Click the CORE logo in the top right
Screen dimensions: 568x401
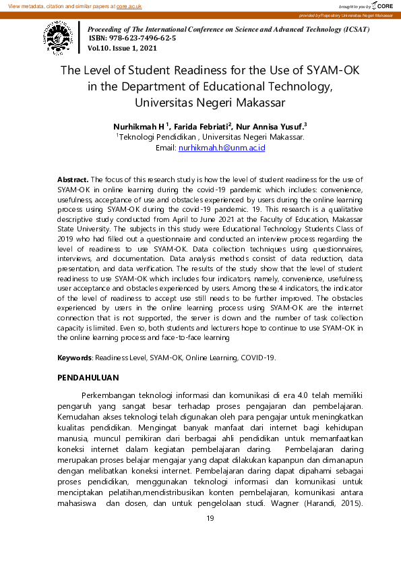point(381,5)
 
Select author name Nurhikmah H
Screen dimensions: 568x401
point(140,125)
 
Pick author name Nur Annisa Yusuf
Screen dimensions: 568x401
point(270,125)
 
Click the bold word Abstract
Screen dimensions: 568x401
point(73,179)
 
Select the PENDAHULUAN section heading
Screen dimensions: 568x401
point(88,378)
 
